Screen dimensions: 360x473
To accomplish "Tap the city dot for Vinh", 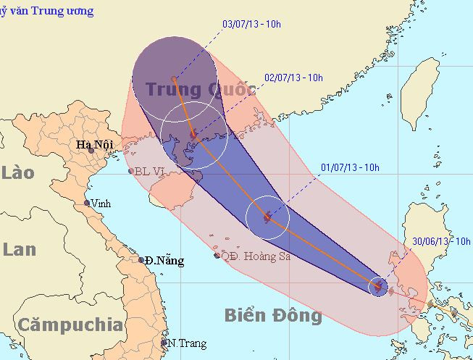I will (87, 203).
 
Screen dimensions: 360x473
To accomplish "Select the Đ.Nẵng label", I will (164, 260).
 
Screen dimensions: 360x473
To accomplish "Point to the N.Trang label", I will (187, 343).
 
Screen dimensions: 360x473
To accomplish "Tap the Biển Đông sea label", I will (272, 316).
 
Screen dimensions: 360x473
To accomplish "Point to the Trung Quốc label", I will (201, 90).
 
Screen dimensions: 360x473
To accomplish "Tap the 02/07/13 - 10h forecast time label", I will (293, 78).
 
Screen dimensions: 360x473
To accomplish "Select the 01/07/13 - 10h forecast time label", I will (350, 167).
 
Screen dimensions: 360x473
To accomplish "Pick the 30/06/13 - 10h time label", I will (442, 241).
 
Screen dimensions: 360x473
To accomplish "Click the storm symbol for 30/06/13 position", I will (377, 287).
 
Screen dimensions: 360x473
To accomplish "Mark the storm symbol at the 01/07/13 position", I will (267, 216).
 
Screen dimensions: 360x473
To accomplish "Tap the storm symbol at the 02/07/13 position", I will (193, 135).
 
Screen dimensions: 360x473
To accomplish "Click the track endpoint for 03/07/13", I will (173, 78).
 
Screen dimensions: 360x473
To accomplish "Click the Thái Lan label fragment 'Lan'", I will (19, 249).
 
